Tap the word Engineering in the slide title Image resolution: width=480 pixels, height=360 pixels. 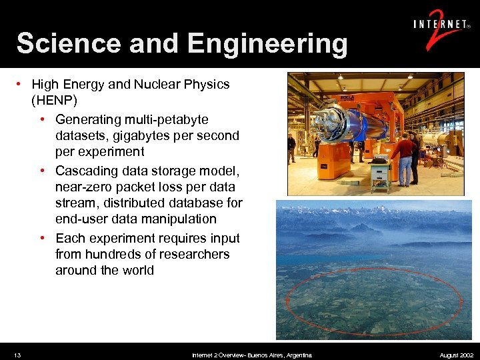point(267,44)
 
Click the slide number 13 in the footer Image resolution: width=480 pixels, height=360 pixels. point(17,355)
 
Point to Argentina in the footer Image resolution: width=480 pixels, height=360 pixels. point(297,355)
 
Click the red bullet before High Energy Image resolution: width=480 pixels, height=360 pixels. point(21,85)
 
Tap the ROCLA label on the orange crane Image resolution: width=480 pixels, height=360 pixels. point(347,99)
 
